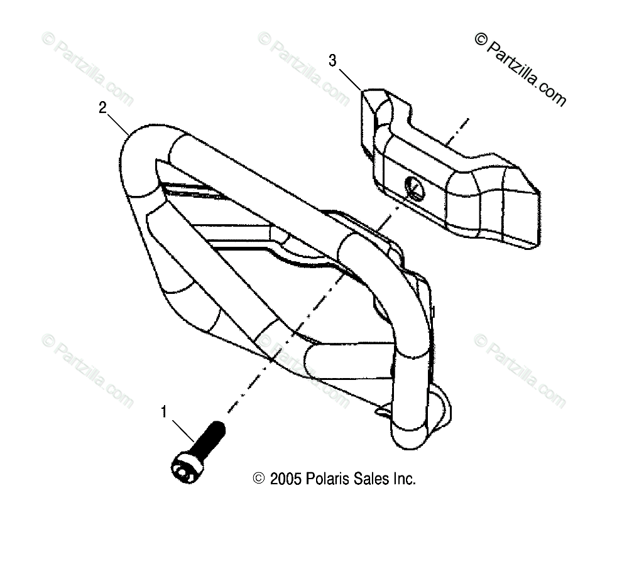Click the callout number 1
165,412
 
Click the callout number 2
102,107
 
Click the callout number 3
333,60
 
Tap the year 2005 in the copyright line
287,479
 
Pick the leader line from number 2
119,122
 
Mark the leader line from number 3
349,78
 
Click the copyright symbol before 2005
258,479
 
